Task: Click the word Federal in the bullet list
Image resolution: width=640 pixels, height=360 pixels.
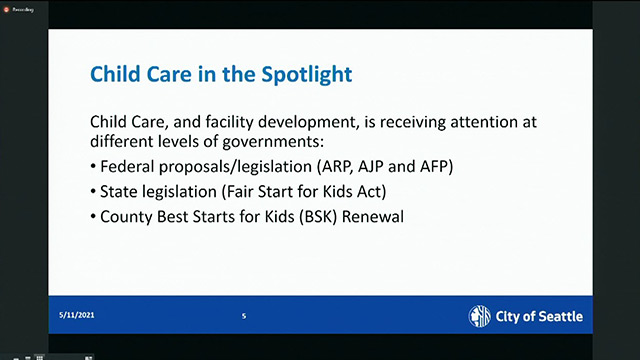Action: coord(130,164)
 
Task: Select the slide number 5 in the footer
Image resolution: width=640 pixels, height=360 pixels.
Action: coord(243,317)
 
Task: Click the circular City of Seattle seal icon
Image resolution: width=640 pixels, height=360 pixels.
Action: coord(480,317)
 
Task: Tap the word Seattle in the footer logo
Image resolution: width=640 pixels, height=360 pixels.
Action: coord(553,317)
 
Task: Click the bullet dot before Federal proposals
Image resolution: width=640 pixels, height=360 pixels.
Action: coord(94,165)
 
